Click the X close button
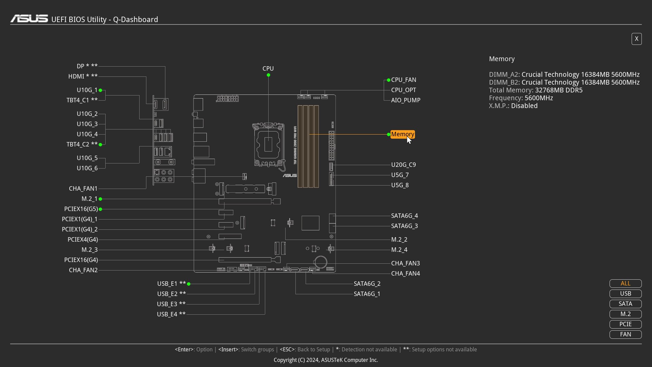pyautogui.click(x=636, y=39)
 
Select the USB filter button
pyautogui.click(x=626, y=294)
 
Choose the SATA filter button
pyautogui.click(x=626, y=304)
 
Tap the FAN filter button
pyautogui.click(x=626, y=334)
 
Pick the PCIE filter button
pyautogui.click(x=626, y=324)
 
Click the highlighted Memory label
pyautogui.click(x=402, y=134)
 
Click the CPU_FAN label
pyautogui.click(x=403, y=80)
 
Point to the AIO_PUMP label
pyautogui.click(x=406, y=100)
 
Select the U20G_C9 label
pyautogui.click(x=403, y=165)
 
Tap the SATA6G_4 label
pyautogui.click(x=404, y=216)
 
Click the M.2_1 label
pyautogui.click(x=90, y=199)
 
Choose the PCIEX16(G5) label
pyautogui.click(x=81, y=209)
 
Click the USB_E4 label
pyautogui.click(x=167, y=314)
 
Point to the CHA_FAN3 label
pyautogui.click(x=405, y=263)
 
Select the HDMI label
pyautogui.click(x=76, y=76)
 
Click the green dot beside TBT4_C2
pyautogui.click(x=101, y=144)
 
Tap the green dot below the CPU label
pyautogui.click(x=268, y=75)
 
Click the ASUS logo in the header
pyautogui.click(x=29, y=19)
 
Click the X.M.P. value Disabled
pyautogui.click(x=524, y=106)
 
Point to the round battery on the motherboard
pyautogui.click(x=321, y=262)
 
